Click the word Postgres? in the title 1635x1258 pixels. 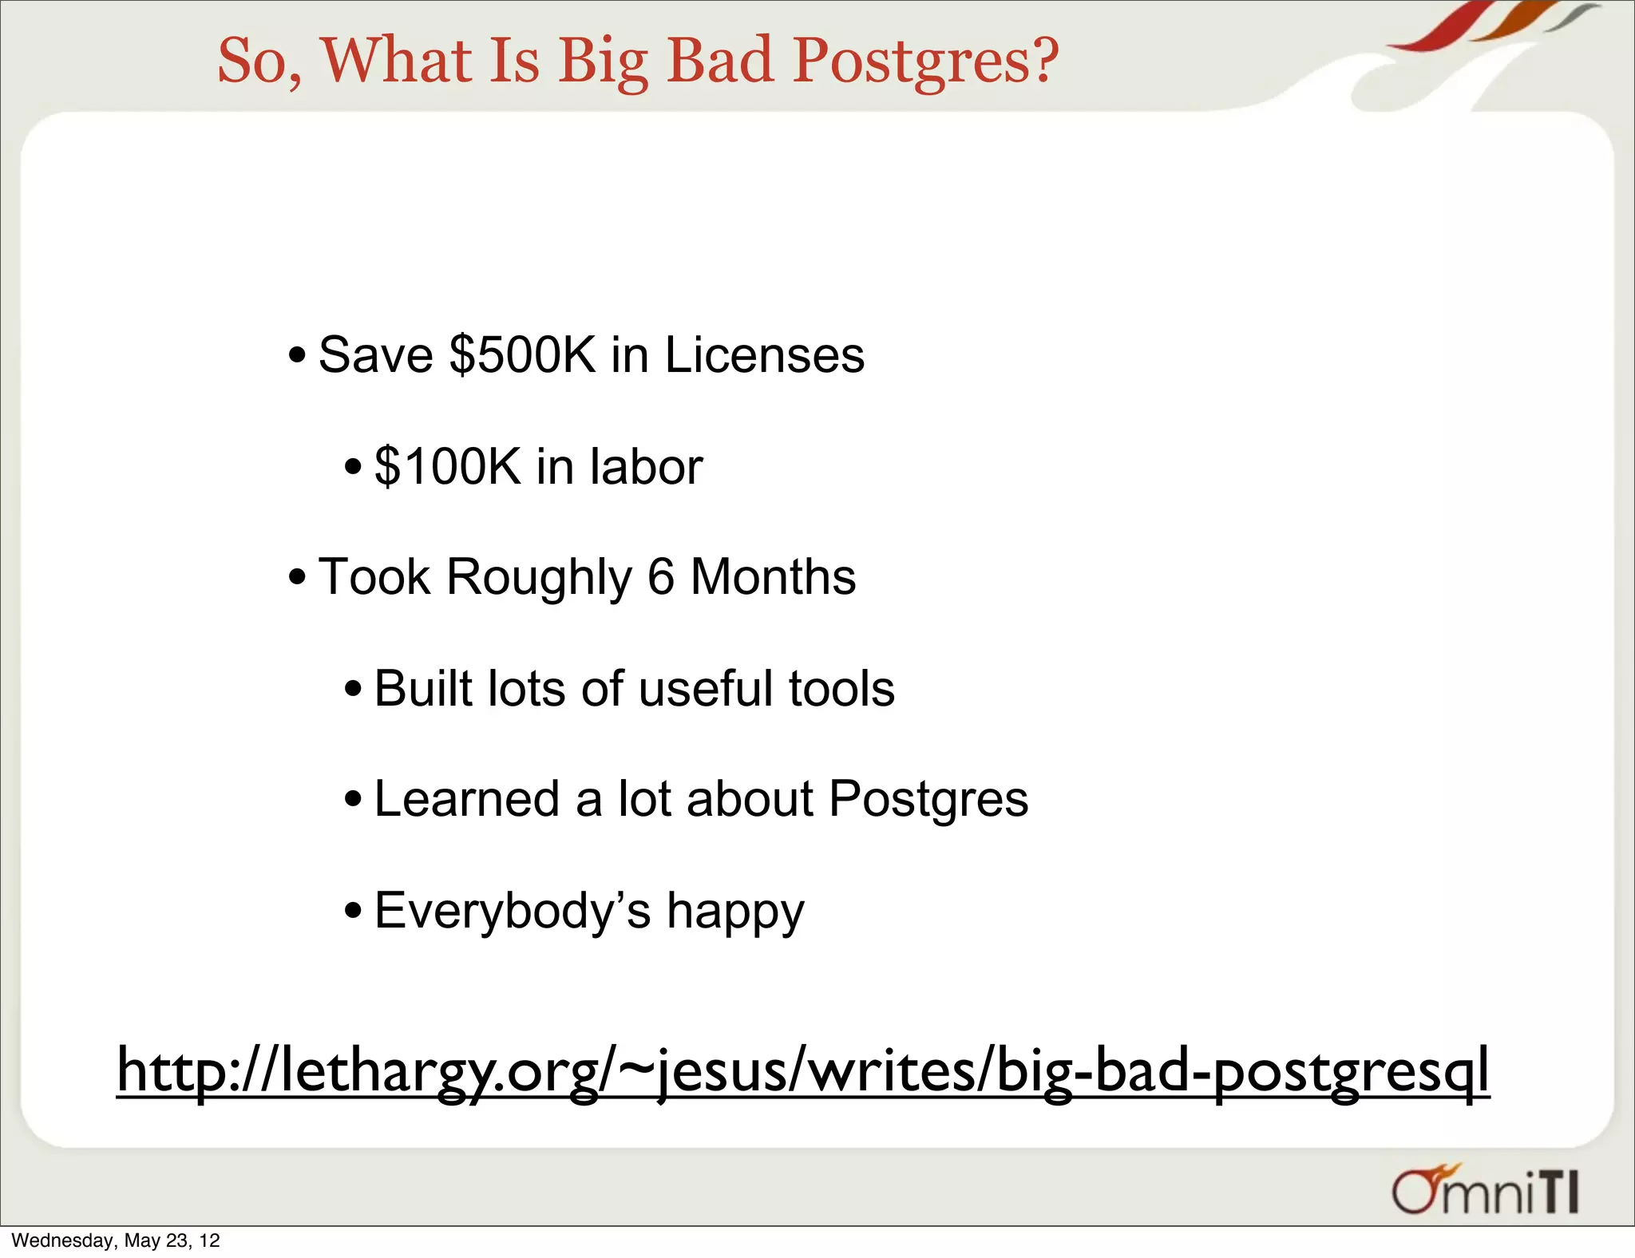coord(926,62)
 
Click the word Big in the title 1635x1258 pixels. coord(603,62)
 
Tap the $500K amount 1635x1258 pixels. coord(523,355)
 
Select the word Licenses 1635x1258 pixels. coord(764,355)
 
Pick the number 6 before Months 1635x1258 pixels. coord(661,577)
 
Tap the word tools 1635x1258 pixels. coord(841,689)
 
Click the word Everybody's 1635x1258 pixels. coord(512,911)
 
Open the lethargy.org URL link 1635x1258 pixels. coord(802,1071)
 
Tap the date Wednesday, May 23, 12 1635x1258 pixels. coord(116,1240)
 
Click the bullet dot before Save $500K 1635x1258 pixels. coord(297,355)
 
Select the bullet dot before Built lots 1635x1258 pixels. coord(353,689)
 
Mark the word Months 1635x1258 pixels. coord(773,577)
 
